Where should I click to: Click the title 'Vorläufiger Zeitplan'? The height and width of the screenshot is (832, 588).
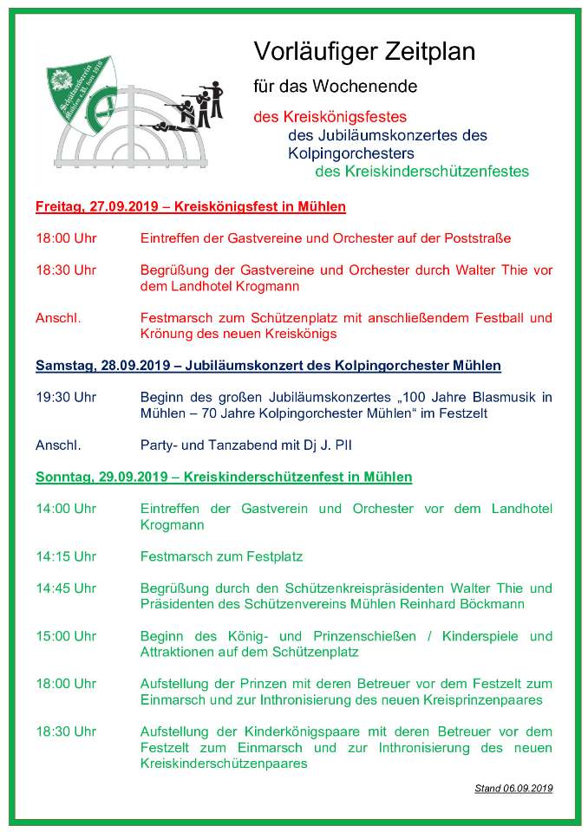(364, 52)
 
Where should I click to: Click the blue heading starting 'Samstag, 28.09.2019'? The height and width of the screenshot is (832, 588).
(268, 366)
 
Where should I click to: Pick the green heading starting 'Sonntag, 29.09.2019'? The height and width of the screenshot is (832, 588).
(224, 478)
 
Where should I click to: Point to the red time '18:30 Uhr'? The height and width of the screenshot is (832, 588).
(65, 270)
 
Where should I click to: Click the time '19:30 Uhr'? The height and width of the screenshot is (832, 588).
(65, 398)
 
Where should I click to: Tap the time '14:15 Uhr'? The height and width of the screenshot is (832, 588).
(65, 556)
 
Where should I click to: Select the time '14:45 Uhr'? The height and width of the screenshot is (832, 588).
(65, 588)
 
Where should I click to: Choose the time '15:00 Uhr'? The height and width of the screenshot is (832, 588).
(65, 636)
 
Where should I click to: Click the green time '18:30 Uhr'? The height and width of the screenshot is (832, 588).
(65, 731)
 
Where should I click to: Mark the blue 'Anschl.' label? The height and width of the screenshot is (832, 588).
(58, 445)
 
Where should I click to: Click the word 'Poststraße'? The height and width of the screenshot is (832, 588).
(480, 238)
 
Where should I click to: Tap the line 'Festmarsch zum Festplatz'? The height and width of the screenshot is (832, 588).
(221, 556)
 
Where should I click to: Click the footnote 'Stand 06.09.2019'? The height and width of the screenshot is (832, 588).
(513, 789)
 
